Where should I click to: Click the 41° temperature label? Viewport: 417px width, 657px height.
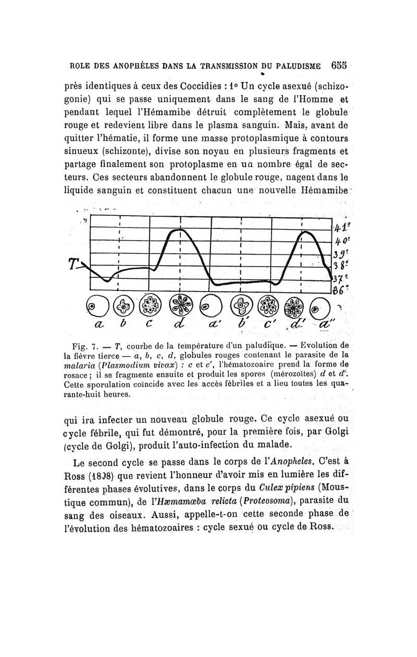click(341, 228)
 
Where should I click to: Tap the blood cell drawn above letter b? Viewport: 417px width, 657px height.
click(122, 307)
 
